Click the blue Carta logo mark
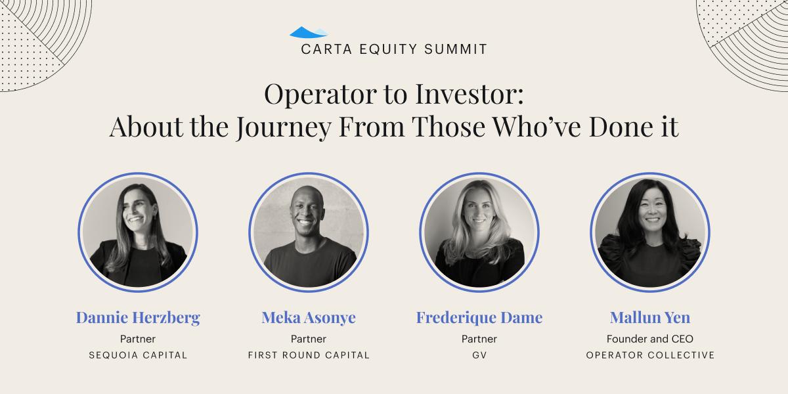click(309, 32)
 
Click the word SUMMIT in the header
click(456, 49)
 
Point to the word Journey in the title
click(284, 127)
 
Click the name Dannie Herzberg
click(138, 318)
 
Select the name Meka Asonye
click(309, 318)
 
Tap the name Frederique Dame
click(479, 318)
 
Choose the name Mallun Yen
click(649, 317)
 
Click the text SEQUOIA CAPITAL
click(138, 355)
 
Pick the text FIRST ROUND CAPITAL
click(309, 355)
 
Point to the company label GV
click(479, 355)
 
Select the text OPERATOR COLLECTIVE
click(650, 355)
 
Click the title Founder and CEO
click(649, 339)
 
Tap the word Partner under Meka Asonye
click(309, 339)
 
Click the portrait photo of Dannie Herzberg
click(138, 232)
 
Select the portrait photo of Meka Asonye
click(309, 232)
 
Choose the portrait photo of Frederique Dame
click(479, 232)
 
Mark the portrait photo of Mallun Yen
click(649, 232)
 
